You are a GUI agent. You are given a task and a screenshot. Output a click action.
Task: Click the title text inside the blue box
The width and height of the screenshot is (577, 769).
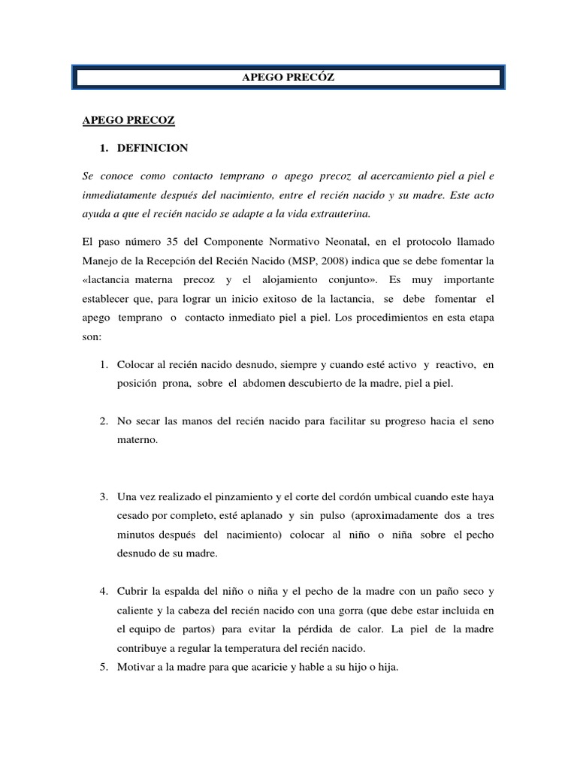[289, 77]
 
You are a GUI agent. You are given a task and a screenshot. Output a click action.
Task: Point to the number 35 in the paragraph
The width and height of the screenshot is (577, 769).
[170, 242]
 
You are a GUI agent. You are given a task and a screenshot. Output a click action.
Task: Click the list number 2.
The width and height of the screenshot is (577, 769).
[103, 421]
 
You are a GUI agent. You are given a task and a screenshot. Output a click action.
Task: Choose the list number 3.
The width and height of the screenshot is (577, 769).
[103, 497]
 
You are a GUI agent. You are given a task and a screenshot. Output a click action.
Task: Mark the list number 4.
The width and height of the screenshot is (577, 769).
[103, 592]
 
